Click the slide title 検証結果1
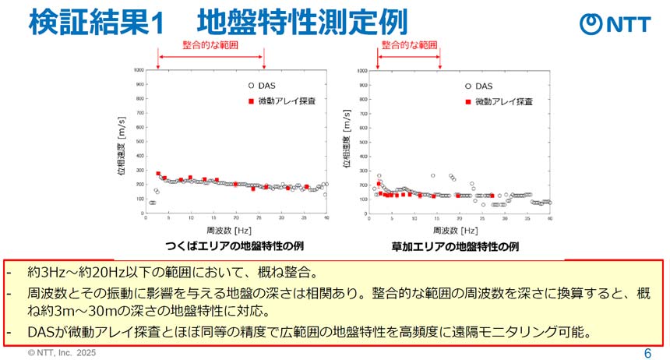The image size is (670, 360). [97, 23]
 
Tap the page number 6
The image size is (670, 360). [647, 353]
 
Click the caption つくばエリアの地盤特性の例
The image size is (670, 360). [235, 246]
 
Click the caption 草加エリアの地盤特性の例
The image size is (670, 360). [456, 246]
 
